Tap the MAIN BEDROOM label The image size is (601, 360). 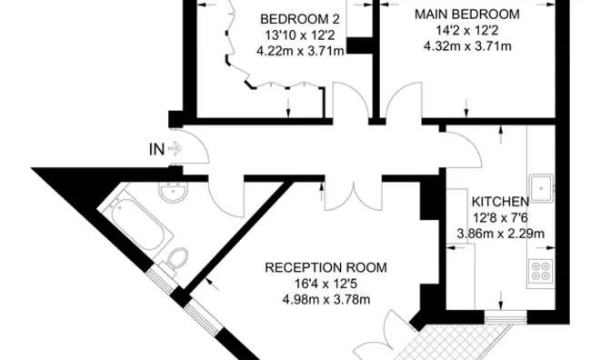pyautogui.click(x=466, y=15)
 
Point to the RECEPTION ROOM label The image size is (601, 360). pyautogui.click(x=326, y=267)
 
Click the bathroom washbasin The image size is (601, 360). pyautogui.click(x=172, y=194)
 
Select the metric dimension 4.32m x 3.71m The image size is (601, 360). pyautogui.click(x=467, y=45)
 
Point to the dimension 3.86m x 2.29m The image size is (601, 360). pyautogui.click(x=500, y=233)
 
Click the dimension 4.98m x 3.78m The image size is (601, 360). pyautogui.click(x=326, y=299)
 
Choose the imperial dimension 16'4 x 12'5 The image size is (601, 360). pyautogui.click(x=326, y=284)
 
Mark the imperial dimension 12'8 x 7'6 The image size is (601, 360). pyautogui.click(x=500, y=217)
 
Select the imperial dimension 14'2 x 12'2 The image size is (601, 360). pyautogui.click(x=467, y=30)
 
